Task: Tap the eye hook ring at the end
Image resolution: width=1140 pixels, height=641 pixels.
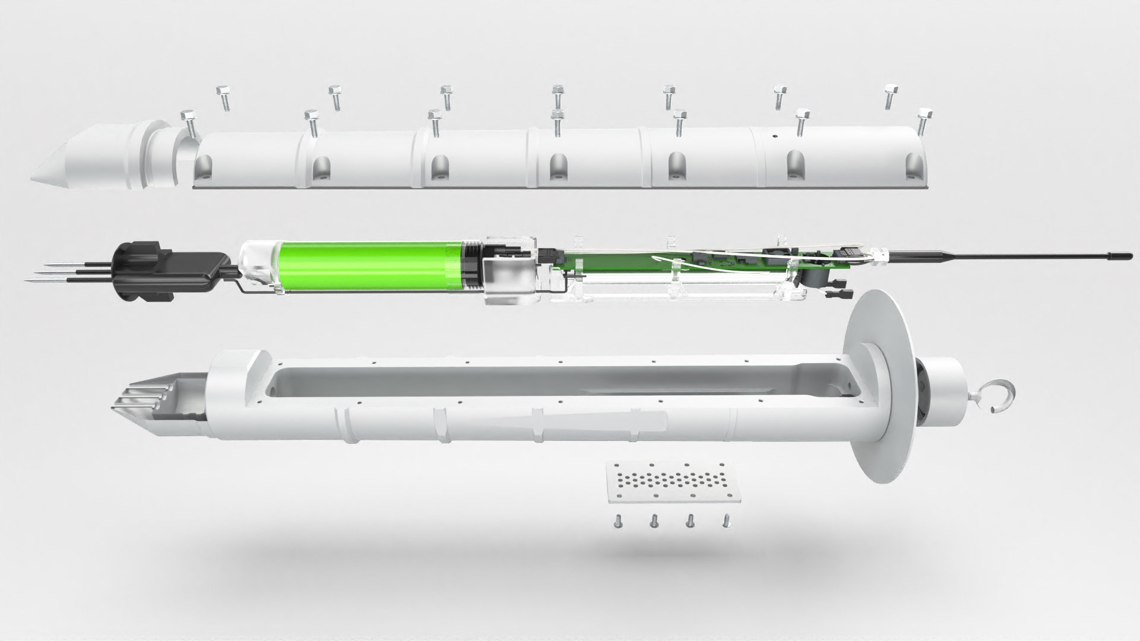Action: (x=999, y=395)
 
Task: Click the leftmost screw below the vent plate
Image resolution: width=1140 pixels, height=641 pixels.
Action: (x=615, y=522)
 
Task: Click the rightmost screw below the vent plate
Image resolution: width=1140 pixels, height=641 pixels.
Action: (x=726, y=521)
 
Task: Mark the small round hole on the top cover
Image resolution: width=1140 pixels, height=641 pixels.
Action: (x=775, y=135)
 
